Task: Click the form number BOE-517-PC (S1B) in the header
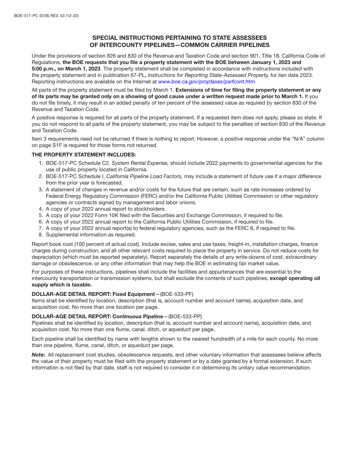[x=27, y=16]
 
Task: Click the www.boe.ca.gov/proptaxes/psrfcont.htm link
[x=207, y=81]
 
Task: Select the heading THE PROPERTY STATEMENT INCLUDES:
[x=83, y=155]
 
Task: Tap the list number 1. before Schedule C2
[x=41, y=163]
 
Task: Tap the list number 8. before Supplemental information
[x=41, y=235]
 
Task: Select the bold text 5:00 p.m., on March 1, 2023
[x=66, y=69]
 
